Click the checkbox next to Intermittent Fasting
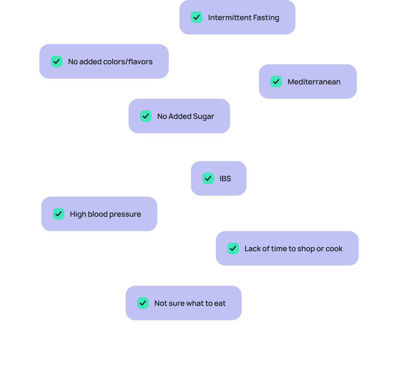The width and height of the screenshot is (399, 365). pyautogui.click(x=197, y=17)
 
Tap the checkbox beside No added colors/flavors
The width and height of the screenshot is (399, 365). pyautogui.click(x=57, y=61)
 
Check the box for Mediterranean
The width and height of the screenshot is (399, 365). pyautogui.click(x=276, y=82)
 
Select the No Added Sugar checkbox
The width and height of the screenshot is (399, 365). pyautogui.click(x=145, y=116)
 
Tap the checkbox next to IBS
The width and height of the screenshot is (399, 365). pyautogui.click(x=208, y=178)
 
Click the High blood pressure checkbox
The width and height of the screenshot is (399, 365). pyautogui.click(x=59, y=214)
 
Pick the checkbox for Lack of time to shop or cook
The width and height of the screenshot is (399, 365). pyautogui.click(x=233, y=248)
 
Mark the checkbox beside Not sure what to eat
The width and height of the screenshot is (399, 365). pyautogui.click(x=143, y=303)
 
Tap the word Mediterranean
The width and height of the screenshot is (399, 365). pyautogui.click(x=314, y=82)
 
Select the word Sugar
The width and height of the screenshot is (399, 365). pyautogui.click(x=203, y=117)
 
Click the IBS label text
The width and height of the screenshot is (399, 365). pyautogui.click(x=225, y=179)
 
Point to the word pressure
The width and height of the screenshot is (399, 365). pyautogui.click(x=125, y=214)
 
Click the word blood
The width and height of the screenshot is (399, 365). pyautogui.click(x=98, y=214)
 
